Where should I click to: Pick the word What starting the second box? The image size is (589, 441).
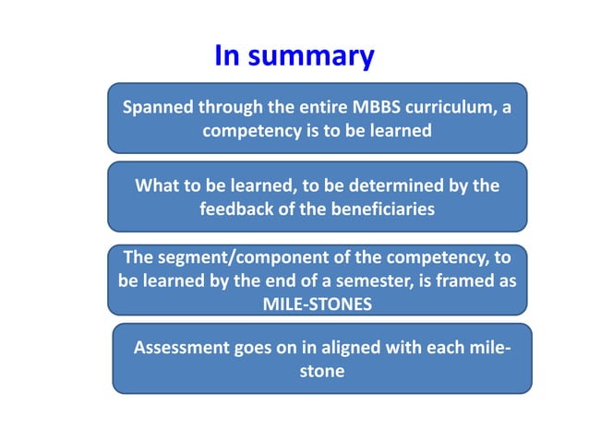click(x=158, y=186)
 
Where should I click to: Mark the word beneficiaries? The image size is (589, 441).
click(x=377, y=209)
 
